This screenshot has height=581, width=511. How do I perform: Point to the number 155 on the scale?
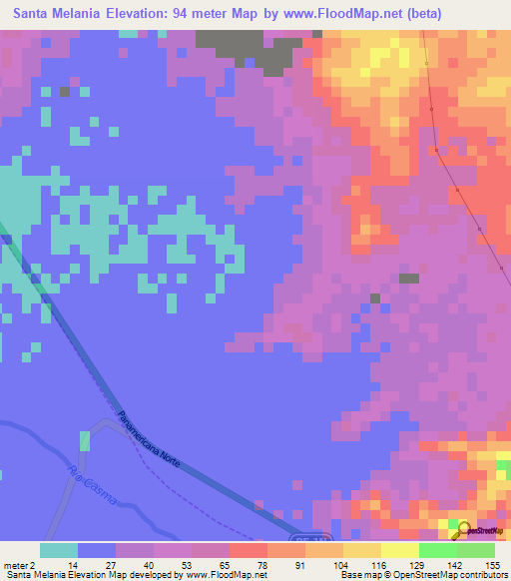point(493,564)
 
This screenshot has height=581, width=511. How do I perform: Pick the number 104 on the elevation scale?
point(342,564)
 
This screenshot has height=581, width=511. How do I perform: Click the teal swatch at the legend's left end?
point(59,550)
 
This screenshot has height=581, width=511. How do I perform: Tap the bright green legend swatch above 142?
point(438,550)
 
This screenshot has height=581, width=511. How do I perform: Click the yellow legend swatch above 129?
point(400,550)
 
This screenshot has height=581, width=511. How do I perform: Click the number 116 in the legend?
point(380,564)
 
